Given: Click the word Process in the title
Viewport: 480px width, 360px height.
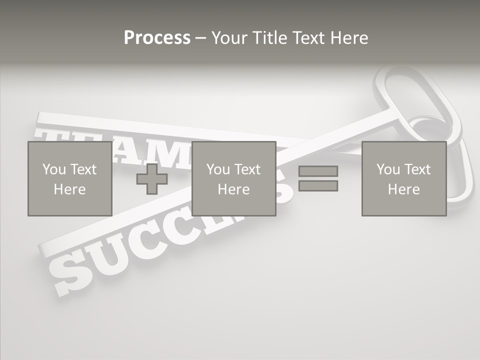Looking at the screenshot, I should tap(157, 38).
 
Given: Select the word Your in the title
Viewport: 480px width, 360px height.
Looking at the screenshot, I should tap(229, 38).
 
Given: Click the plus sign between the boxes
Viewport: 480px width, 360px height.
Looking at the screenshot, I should tap(152, 179).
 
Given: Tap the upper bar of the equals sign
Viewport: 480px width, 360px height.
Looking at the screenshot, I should tap(318, 171).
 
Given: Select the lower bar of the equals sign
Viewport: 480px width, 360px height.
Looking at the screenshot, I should tap(318, 186).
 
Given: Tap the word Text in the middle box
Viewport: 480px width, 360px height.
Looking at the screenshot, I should tap(248, 169).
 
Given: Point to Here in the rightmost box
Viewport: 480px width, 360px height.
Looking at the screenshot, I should tap(403, 189).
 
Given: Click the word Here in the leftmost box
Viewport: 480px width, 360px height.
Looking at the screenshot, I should tap(69, 189).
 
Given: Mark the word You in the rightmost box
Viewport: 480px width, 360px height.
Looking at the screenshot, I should tap(388, 169).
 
